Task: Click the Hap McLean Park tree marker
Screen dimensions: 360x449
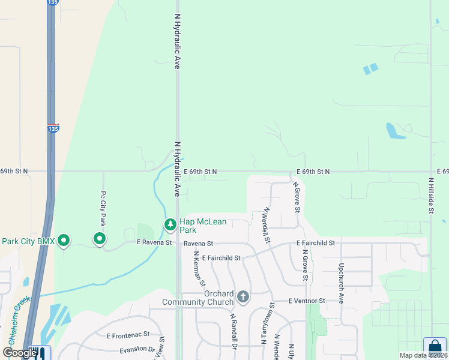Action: (x=170, y=224)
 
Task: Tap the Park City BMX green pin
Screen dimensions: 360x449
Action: (x=63, y=241)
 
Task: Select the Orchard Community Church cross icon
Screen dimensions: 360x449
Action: (x=243, y=296)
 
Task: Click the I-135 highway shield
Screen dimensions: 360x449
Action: (x=53, y=128)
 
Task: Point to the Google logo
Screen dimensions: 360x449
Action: (x=20, y=352)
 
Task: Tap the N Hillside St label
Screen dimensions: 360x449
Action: (x=431, y=195)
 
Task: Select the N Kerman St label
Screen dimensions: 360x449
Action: (x=199, y=268)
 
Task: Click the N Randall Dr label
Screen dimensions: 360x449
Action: (x=233, y=329)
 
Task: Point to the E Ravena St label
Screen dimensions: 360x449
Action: (x=154, y=243)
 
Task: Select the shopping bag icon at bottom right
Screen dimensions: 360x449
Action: (x=435, y=347)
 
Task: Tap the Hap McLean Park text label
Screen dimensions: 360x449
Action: (x=203, y=226)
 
